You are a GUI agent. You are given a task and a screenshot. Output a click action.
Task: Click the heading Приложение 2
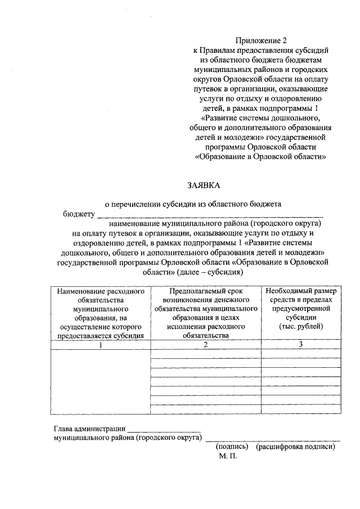pos(260,40)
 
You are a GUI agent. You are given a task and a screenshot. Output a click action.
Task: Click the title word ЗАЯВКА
pos(204,185)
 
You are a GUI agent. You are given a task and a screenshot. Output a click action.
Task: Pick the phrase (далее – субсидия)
pos(209,272)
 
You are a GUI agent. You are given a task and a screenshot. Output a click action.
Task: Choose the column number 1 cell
pos(101,345)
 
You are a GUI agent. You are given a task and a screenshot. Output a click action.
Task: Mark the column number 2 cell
pos(206,345)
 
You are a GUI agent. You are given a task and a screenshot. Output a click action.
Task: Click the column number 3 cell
pos(301,345)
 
